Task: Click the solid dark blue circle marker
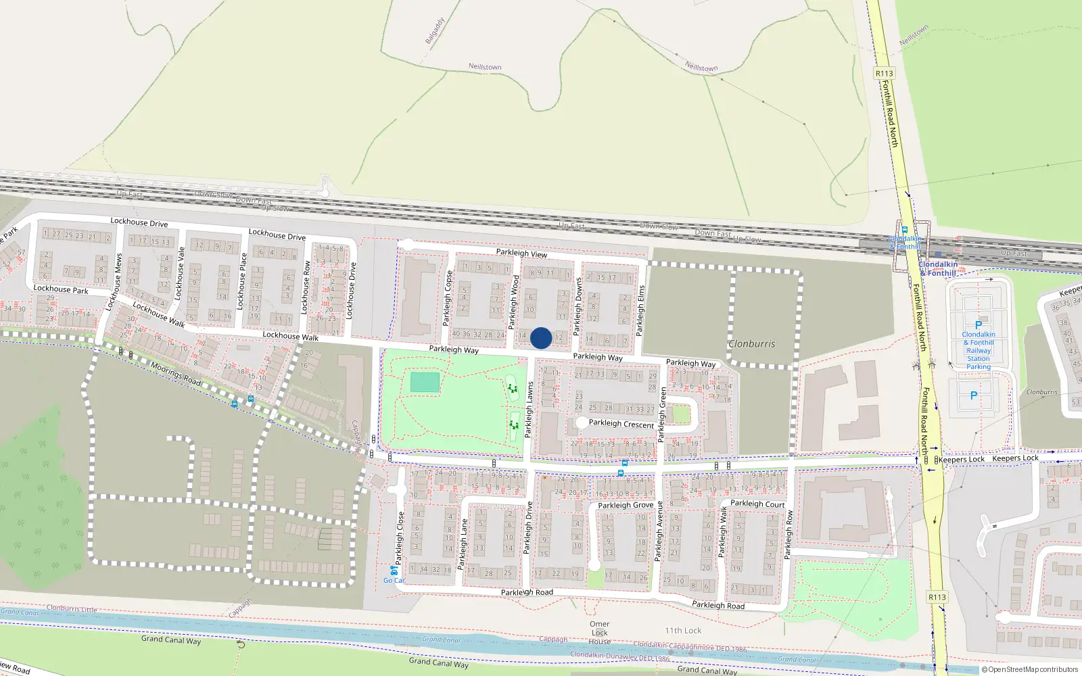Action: tap(541, 338)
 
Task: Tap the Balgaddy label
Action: tap(434, 31)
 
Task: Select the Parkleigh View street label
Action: tap(521, 253)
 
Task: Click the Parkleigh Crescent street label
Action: tap(621, 424)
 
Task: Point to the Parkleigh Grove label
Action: tap(626, 505)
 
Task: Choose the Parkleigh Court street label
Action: tap(757, 504)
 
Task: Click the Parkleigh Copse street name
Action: tap(447, 298)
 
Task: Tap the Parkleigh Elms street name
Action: tap(640, 310)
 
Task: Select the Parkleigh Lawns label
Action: tap(530, 408)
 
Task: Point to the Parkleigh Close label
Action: tap(400, 538)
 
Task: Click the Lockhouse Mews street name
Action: tap(114, 282)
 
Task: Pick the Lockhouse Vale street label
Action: tap(180, 273)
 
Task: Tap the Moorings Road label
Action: tap(176, 374)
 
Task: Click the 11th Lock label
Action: tap(683, 631)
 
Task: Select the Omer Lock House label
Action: tap(599, 633)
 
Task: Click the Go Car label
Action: tap(394, 580)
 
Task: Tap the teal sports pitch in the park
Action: tap(425, 382)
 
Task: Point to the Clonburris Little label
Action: tap(72, 608)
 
